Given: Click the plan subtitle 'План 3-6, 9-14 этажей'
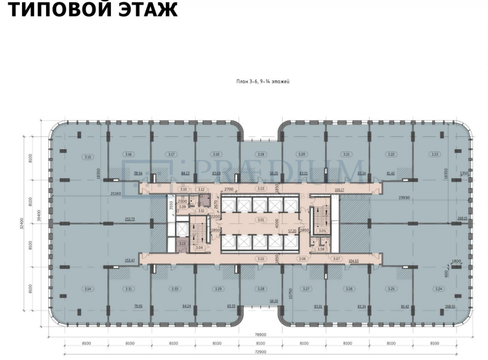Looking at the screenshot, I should [x=263, y=81].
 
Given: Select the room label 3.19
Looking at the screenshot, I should [x=261, y=154].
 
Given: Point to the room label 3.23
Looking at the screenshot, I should [x=434, y=154].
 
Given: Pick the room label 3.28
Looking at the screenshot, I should [x=261, y=289].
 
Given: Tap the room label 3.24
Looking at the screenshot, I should [x=438, y=289].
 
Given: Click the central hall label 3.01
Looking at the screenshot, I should [x=261, y=220].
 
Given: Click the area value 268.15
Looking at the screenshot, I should [x=462, y=218].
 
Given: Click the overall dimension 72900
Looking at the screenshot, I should [x=261, y=352].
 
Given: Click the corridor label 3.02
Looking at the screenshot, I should [x=261, y=259].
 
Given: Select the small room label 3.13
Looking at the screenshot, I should [x=181, y=244].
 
